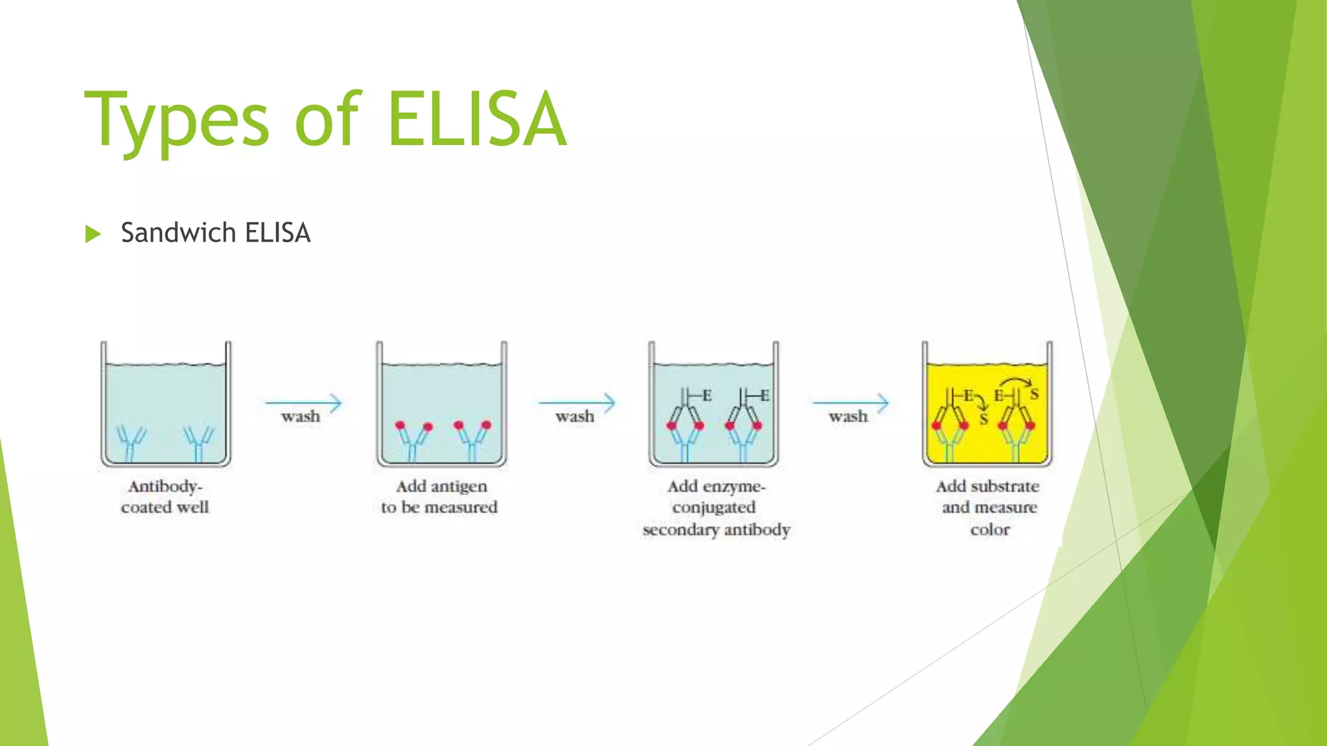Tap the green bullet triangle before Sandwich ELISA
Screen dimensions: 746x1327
click(x=93, y=234)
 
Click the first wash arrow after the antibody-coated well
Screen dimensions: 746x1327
click(x=303, y=403)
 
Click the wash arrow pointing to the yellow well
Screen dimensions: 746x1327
click(x=850, y=403)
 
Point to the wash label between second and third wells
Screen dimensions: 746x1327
click(x=575, y=416)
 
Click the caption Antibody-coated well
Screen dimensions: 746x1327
click(x=165, y=497)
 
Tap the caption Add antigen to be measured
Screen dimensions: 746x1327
click(x=440, y=497)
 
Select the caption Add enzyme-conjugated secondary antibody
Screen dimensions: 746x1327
click(x=716, y=508)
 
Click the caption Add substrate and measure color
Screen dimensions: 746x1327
click(x=989, y=508)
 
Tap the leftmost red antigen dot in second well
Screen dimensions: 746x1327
click(x=400, y=425)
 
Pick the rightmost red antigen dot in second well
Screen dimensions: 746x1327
click(x=487, y=425)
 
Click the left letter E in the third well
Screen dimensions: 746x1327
click(x=707, y=395)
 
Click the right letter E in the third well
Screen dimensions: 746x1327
click(x=765, y=395)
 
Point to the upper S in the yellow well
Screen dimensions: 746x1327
click(x=1034, y=394)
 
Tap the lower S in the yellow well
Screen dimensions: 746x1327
click(x=984, y=420)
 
